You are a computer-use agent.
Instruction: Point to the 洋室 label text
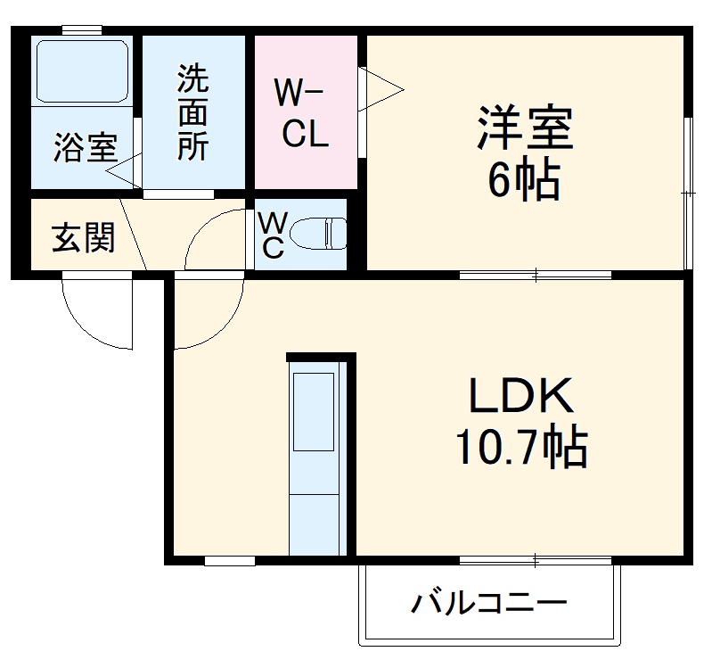(524, 130)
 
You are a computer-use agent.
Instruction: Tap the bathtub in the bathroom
(82, 69)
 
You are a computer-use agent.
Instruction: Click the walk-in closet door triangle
(379, 87)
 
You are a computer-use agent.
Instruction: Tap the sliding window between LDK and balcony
(535, 561)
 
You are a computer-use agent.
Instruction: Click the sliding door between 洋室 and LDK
(535, 274)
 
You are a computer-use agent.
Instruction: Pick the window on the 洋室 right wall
(688, 192)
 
